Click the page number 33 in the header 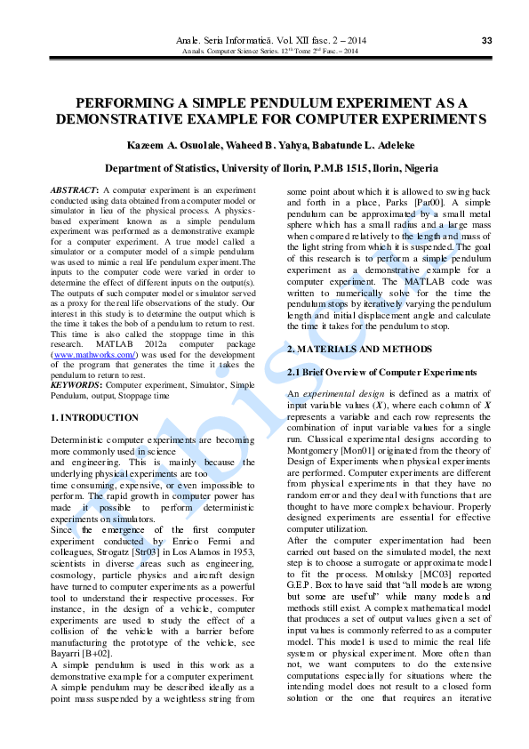click(486, 41)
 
